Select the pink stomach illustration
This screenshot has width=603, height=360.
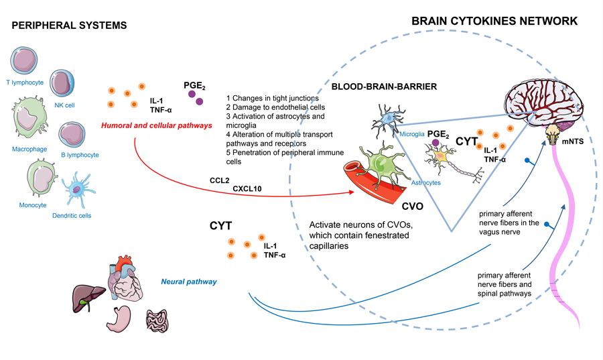pos(120,318)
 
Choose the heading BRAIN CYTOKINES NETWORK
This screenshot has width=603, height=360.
pos(494,21)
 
